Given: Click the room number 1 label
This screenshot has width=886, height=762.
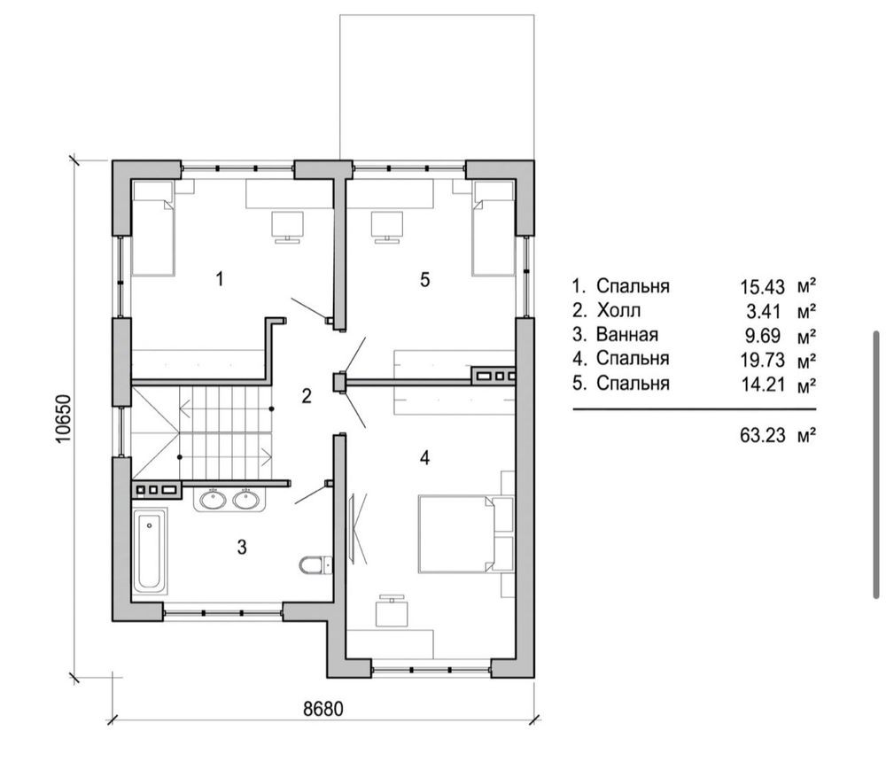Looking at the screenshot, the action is click(x=220, y=279).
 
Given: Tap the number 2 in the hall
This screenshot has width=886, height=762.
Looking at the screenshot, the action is click(x=307, y=396).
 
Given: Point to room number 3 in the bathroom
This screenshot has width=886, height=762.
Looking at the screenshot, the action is click(x=242, y=547).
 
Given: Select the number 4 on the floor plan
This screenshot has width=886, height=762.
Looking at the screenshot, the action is click(x=425, y=457).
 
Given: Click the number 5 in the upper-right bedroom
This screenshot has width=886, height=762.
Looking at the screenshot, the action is click(x=425, y=279).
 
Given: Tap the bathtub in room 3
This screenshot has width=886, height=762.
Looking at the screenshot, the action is click(x=150, y=550).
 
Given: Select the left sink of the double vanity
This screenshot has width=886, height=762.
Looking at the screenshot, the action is click(x=213, y=500).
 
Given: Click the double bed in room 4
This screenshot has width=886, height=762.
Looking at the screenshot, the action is click(x=456, y=534).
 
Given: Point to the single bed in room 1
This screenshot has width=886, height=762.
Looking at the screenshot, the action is click(x=153, y=228).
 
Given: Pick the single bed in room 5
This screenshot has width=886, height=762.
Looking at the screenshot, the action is click(x=494, y=228).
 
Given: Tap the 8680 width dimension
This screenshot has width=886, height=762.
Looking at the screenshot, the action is click(x=323, y=708).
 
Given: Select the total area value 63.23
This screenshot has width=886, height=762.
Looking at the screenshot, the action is click(x=763, y=435).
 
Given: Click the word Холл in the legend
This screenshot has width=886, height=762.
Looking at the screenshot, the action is click(x=618, y=310).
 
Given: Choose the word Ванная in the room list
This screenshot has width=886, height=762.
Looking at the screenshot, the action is click(x=627, y=335).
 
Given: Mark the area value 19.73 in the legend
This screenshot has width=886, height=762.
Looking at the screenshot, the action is click(x=763, y=360).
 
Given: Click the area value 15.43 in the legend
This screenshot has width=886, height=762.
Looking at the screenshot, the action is click(x=763, y=287).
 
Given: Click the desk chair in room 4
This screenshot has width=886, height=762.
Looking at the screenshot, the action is click(x=392, y=612).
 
